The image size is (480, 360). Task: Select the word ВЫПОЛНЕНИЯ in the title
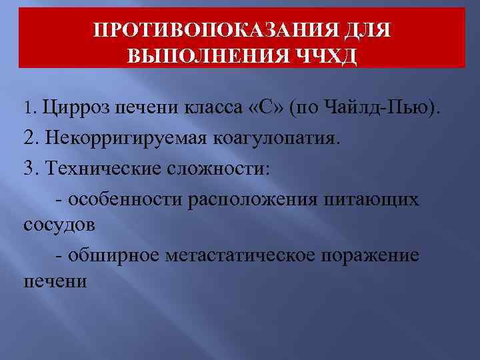205,56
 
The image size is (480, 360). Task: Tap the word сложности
222,167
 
